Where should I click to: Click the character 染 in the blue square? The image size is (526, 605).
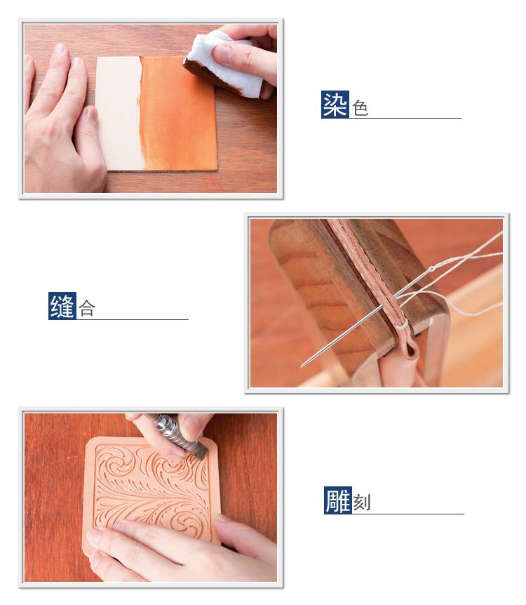tap(335, 105)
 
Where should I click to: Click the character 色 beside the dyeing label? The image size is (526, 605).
tap(360, 108)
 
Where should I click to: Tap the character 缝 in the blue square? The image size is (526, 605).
tap(62, 306)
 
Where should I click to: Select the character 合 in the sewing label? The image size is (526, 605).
tap(87, 309)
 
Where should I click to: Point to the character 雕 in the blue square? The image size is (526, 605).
tap(338, 500)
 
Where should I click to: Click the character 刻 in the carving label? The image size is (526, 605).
tap(362, 503)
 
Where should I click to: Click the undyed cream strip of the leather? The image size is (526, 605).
tap(119, 114)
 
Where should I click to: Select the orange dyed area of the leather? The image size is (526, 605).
tap(178, 114)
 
